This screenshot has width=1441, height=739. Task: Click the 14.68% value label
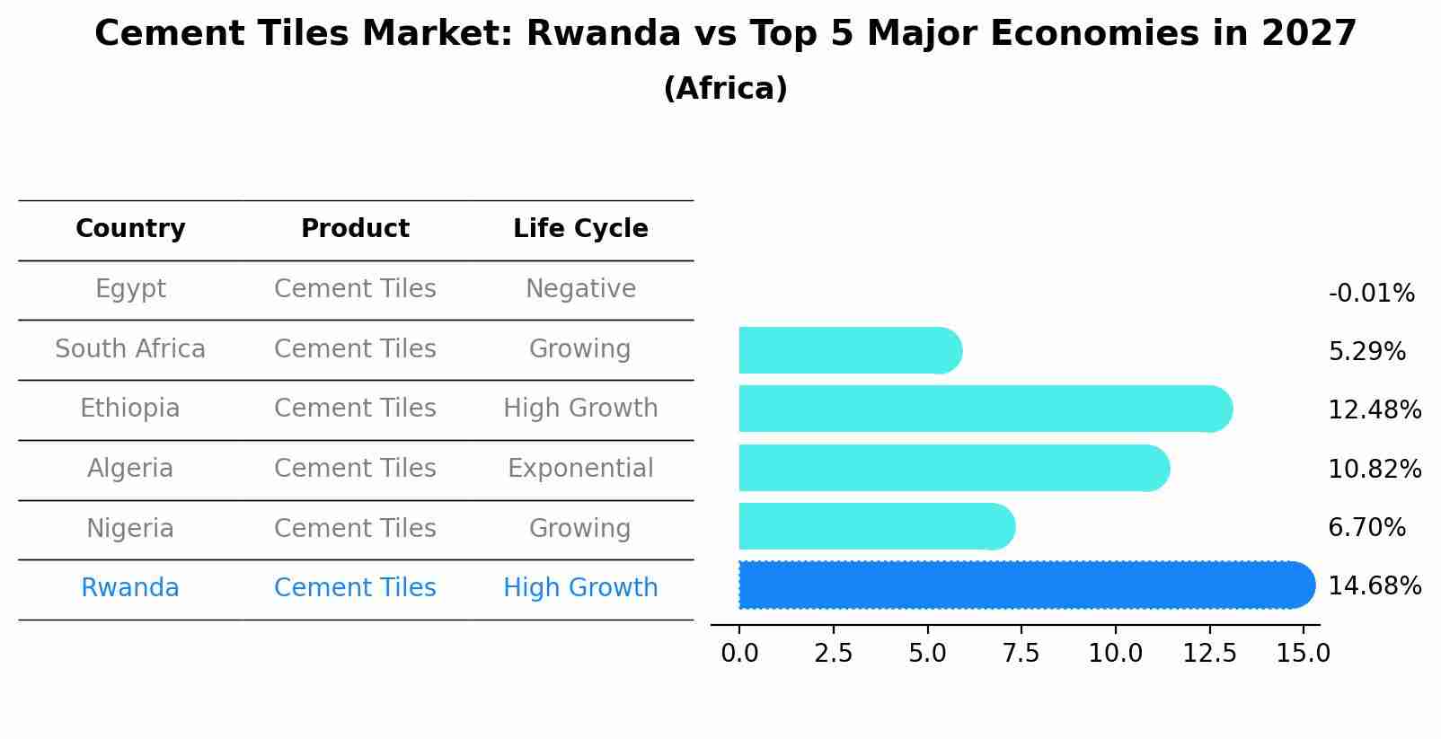pos(1374,586)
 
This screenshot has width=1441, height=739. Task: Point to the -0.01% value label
pos(1370,294)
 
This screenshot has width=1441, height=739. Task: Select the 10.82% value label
pos(1374,469)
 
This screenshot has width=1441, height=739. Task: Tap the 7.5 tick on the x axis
pos(1021,653)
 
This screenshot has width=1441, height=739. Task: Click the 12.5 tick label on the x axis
pos(1209,653)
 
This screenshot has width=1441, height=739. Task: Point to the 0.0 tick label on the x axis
pos(739,653)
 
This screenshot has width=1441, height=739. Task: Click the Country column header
pos(130,229)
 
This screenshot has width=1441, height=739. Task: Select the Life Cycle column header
pos(580,229)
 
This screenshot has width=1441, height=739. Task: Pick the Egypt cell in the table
pos(130,289)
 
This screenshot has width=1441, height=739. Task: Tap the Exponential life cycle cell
pos(580,469)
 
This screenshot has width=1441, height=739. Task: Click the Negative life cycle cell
pos(580,289)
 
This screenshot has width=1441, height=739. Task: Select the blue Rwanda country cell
pos(130,588)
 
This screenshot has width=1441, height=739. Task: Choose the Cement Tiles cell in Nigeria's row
pos(355,528)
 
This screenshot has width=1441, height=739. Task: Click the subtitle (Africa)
pos(725,89)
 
